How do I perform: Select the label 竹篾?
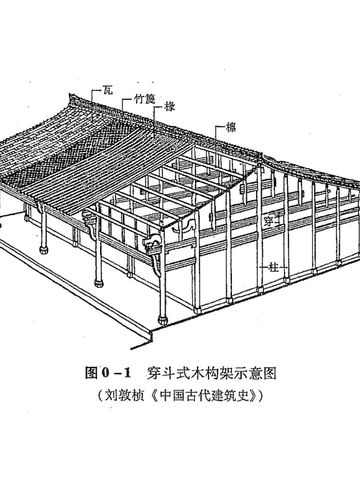pyautogui.click(x=145, y=99)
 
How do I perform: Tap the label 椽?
pyautogui.click(x=169, y=107)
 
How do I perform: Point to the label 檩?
pyautogui.click(x=231, y=127)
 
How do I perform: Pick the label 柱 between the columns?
pyautogui.click(x=274, y=268)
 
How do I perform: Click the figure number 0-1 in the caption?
pyautogui.click(x=116, y=373)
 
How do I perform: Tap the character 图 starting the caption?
pyautogui.click(x=91, y=373)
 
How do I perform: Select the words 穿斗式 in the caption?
pyautogui.click(x=166, y=373)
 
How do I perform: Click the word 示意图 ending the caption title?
pyautogui.click(x=258, y=373)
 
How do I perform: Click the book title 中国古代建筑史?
pyautogui.click(x=204, y=396)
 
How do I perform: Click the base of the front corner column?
pyautogui.click(x=162, y=320)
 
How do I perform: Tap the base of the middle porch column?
pyautogui.click(x=99, y=283)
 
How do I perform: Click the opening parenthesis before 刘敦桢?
pyautogui.click(x=101, y=396)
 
